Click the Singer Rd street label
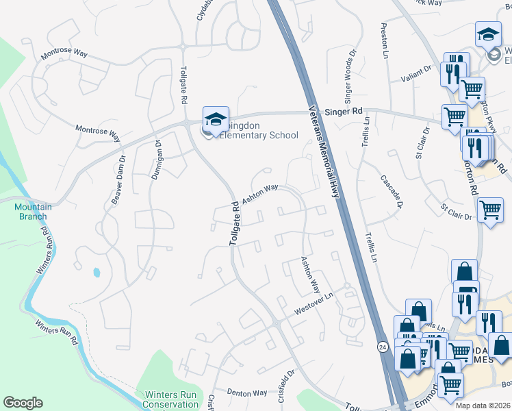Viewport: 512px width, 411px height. pyautogui.click(x=344, y=110)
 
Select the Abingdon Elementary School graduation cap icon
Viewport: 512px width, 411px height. pyautogui.click(x=216, y=119)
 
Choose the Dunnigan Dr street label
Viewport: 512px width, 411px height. pyautogui.click(x=155, y=160)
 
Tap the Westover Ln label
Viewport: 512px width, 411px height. pyautogui.click(x=313, y=306)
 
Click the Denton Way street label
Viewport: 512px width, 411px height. pyautogui.click(x=246, y=393)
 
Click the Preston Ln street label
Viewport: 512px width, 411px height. pyautogui.click(x=384, y=40)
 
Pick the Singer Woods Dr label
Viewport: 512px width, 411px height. pyautogui.click(x=350, y=73)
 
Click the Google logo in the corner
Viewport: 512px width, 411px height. pyautogui.click(x=23, y=403)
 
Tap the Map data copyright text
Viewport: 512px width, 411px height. pyautogui.click(x=482, y=406)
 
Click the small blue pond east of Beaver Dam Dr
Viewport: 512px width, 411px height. pyautogui.click(x=96, y=272)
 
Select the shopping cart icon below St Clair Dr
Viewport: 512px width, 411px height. pyautogui.click(x=490, y=211)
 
